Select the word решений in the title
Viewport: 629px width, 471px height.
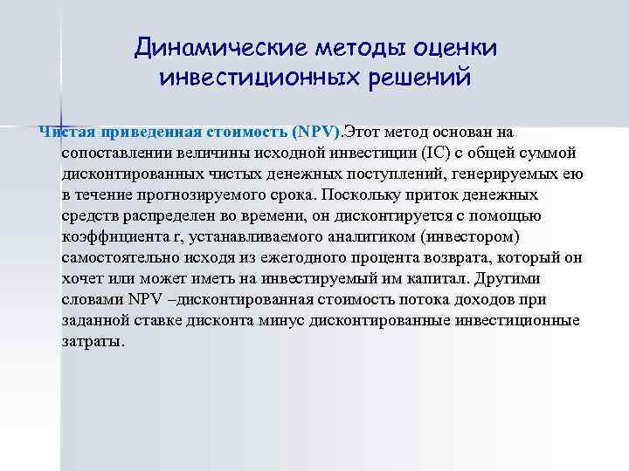coord(413,78)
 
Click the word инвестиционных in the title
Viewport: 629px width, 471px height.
coord(252,78)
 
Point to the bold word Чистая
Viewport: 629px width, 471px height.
coord(66,132)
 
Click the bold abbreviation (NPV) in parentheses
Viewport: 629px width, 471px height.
coord(315,132)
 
